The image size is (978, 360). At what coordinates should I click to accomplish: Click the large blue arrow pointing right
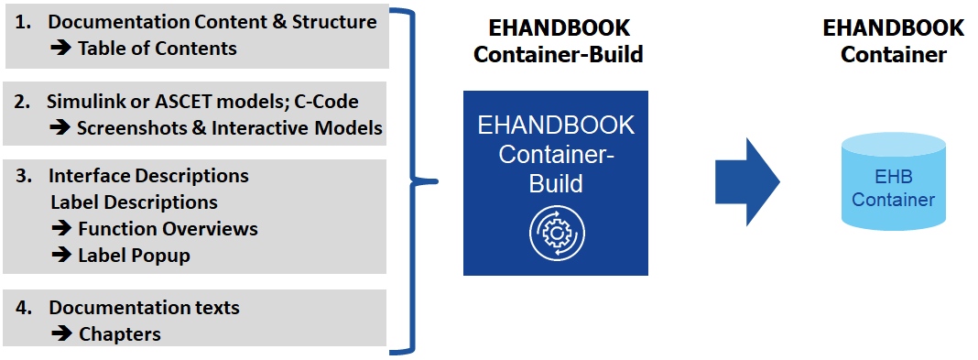(x=746, y=181)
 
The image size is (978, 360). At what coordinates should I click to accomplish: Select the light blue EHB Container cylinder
(x=894, y=181)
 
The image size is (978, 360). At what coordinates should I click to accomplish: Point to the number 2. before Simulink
(x=23, y=102)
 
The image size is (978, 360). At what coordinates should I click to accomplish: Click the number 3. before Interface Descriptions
(x=23, y=175)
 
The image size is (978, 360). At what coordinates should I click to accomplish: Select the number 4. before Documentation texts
(x=24, y=308)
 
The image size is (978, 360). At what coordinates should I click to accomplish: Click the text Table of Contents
(x=158, y=49)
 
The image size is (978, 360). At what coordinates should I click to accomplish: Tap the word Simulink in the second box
(x=86, y=102)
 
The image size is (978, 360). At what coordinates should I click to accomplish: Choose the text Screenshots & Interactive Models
(x=229, y=128)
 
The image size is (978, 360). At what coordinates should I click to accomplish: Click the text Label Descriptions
(x=134, y=202)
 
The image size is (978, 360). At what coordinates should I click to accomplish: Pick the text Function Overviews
(x=168, y=228)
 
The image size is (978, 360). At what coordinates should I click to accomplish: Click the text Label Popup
(x=134, y=255)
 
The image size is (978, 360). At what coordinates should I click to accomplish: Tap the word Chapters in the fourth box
(x=120, y=334)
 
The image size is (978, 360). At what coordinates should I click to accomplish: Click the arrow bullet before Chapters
(x=61, y=334)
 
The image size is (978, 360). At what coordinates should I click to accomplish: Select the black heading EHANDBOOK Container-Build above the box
(x=558, y=41)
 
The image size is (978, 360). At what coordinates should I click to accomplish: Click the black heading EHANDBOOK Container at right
(x=893, y=41)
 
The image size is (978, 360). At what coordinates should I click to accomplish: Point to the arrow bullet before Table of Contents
(x=61, y=49)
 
